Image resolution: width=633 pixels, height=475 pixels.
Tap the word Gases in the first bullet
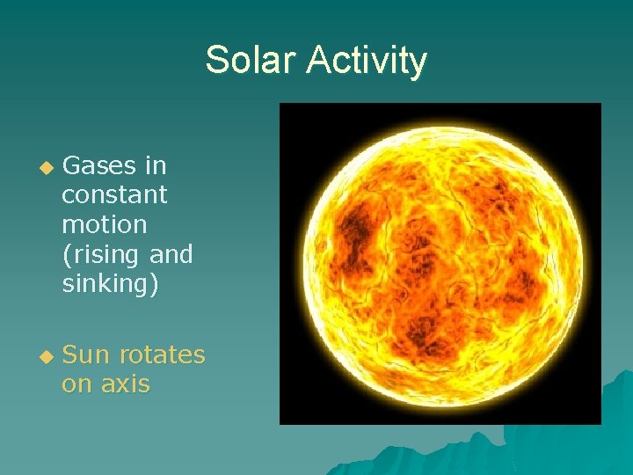(x=99, y=165)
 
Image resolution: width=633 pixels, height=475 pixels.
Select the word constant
(x=114, y=194)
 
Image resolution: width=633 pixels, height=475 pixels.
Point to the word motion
(x=104, y=224)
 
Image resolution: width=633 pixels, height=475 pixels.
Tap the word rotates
(x=162, y=354)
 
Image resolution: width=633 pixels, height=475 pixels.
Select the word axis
(x=125, y=384)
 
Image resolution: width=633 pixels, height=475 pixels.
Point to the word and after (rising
(x=171, y=255)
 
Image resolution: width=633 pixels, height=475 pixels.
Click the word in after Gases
(x=156, y=165)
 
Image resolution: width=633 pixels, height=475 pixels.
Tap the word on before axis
(x=77, y=384)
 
